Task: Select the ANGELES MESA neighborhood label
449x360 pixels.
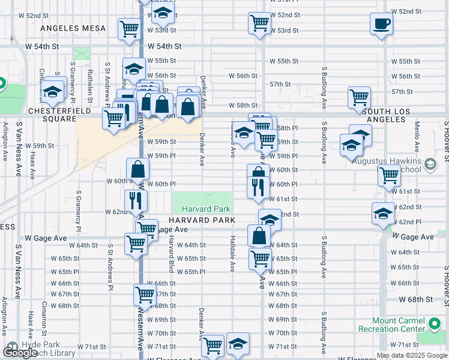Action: pyautogui.click(x=73, y=28)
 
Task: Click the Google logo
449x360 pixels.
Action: pyautogui.click(x=20, y=352)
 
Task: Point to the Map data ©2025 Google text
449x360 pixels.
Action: pyautogui.click(x=412, y=355)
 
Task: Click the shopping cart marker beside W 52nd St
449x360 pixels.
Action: pyautogui.click(x=259, y=23)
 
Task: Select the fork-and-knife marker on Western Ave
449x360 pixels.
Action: pyautogui.click(x=136, y=200)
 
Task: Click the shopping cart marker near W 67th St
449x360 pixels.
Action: pyautogui.click(x=145, y=294)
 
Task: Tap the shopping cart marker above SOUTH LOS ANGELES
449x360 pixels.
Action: pyautogui.click(x=359, y=97)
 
